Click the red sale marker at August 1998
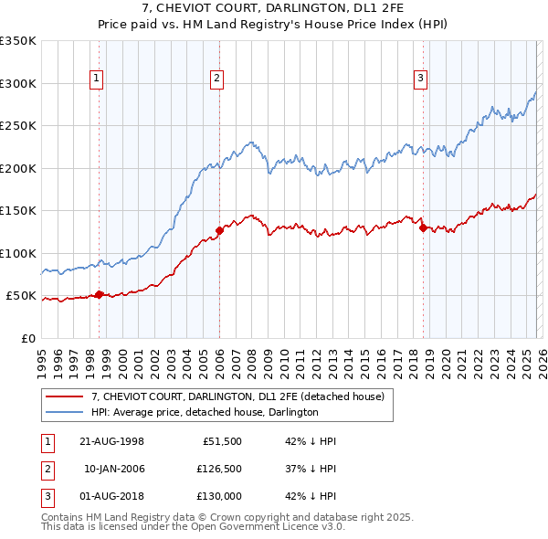[100, 294]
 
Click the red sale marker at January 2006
[219, 230]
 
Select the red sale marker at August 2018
[423, 228]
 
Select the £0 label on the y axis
[28, 338]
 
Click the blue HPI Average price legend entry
[204, 412]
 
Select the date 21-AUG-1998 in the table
[111, 440]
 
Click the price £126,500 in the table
[218, 468]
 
